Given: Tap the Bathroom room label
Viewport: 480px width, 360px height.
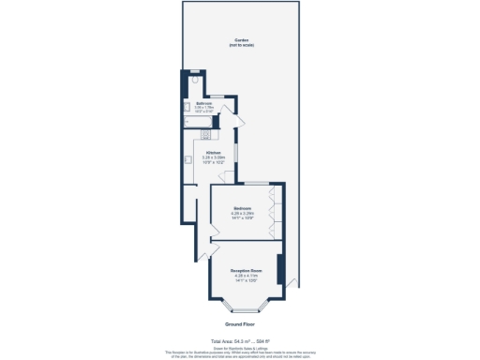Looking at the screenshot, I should (203, 103).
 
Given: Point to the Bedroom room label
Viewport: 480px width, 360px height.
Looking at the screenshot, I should (244, 211).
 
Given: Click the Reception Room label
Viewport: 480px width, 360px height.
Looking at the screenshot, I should (247, 271).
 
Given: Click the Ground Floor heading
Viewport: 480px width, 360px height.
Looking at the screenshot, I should (240, 323).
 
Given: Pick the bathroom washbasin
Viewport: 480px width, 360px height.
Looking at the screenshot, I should (187, 108).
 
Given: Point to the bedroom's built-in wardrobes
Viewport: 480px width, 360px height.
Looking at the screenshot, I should (274, 211).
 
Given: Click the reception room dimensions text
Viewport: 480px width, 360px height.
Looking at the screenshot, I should (247, 278).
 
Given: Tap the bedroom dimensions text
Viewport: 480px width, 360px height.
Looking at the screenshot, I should (244, 217).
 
